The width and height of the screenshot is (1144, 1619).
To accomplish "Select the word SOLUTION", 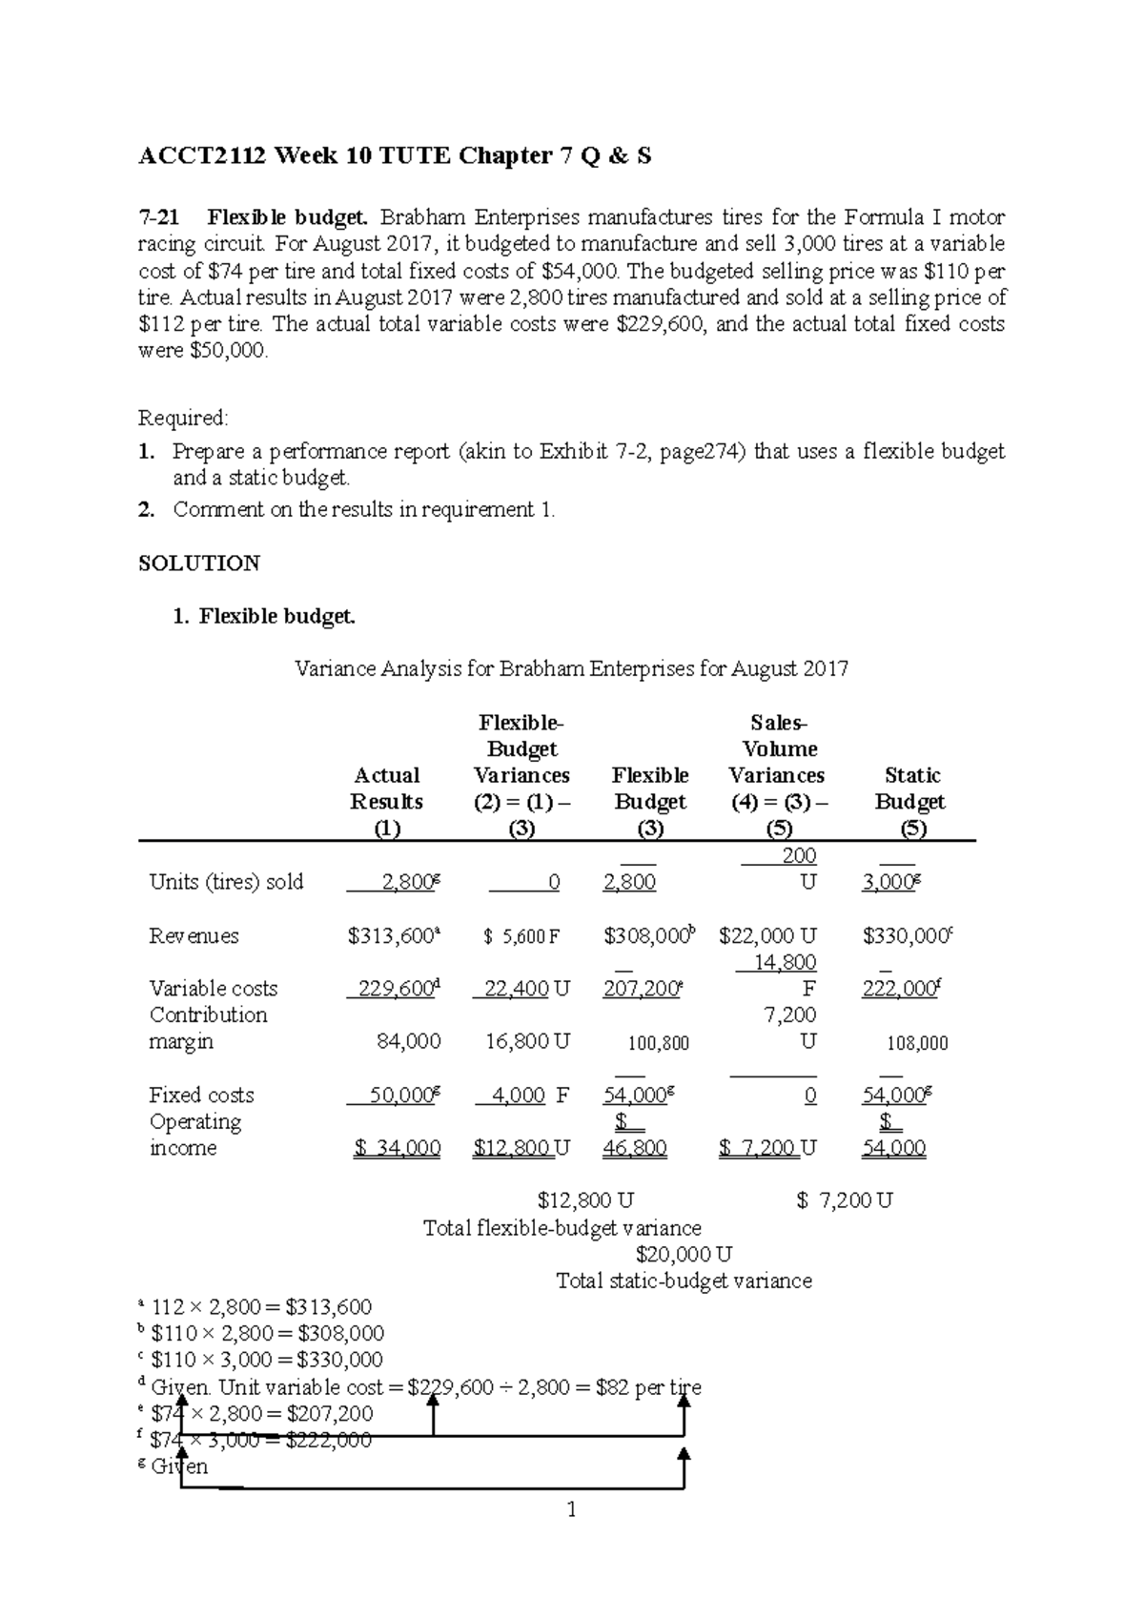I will tap(199, 564).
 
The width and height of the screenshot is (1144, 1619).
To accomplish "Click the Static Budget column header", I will tap(911, 789).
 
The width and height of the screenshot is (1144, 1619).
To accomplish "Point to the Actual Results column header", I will tap(386, 789).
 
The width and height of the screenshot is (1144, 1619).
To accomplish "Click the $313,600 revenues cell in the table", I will tap(393, 936).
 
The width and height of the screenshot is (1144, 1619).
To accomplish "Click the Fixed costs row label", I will tap(201, 1096).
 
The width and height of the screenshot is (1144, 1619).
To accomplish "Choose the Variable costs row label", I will tap(213, 989).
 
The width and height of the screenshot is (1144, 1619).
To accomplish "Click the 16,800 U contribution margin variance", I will tap(526, 1042).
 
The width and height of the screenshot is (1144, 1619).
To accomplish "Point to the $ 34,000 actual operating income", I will tap(397, 1149).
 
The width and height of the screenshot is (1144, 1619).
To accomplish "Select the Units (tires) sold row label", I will tap(226, 882).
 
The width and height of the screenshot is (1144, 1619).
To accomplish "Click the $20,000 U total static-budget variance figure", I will tap(684, 1255).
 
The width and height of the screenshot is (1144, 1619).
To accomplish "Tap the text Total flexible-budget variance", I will tap(562, 1228).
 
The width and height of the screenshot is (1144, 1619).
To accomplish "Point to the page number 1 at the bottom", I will tap(571, 1509).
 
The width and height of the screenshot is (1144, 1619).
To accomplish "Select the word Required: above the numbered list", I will tap(184, 418).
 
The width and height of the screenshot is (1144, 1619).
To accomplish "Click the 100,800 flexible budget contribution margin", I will tap(658, 1044).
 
